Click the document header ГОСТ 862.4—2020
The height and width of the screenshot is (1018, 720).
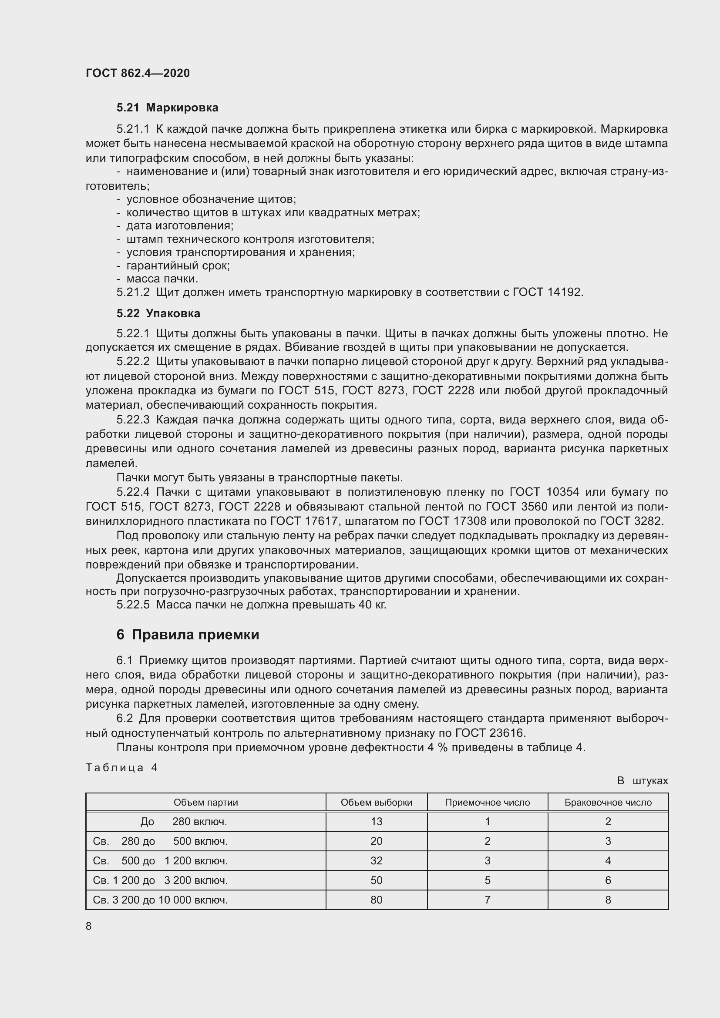[138, 73]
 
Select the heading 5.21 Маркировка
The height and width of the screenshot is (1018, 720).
[167, 108]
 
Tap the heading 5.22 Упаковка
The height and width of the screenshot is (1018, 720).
[158, 313]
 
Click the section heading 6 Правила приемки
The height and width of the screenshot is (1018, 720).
[188, 635]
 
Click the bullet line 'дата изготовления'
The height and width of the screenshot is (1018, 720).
[179, 226]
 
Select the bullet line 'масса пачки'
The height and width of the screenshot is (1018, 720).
[162, 279]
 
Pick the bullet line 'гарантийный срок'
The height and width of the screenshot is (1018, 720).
[178, 265]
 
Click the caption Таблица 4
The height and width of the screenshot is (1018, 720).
[121, 767]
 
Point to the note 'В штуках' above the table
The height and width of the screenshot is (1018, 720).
[642, 781]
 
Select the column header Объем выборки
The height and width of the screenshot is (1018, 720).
[376, 803]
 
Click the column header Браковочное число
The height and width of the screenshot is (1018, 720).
[608, 803]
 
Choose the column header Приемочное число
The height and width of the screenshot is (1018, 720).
[487, 803]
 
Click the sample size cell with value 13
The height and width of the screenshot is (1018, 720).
[377, 822]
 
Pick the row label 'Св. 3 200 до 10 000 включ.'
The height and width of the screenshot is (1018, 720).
[160, 900]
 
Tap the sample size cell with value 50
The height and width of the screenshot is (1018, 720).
[377, 880]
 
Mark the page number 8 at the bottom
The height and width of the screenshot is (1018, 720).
[89, 926]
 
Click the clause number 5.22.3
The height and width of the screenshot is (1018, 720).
[133, 420]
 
